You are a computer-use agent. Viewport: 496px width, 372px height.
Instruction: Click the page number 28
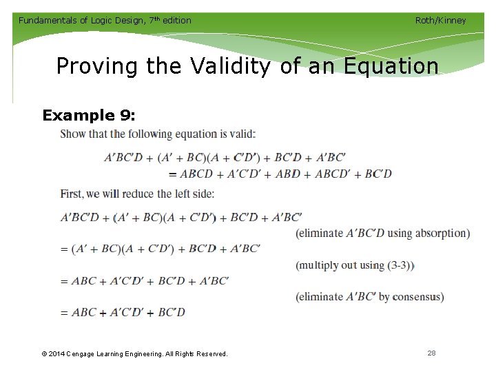click(x=431, y=353)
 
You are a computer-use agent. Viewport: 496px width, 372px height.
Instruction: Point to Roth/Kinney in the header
click(x=440, y=20)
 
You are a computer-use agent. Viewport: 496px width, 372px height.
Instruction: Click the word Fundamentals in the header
click(x=48, y=20)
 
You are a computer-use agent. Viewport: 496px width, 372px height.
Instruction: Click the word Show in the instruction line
click(x=74, y=134)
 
